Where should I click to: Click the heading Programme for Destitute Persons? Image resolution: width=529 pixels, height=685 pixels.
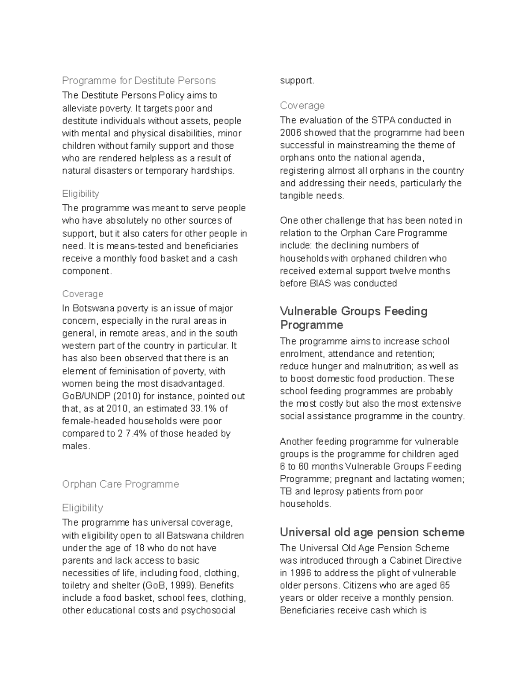click(x=138, y=81)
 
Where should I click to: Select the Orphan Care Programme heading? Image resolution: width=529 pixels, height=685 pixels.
click(x=120, y=484)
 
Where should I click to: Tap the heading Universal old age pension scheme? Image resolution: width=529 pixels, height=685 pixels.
click(x=372, y=532)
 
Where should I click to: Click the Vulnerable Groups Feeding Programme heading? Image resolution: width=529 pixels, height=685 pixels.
click(x=354, y=318)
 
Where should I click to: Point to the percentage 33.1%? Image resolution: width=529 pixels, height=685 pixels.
click(x=204, y=408)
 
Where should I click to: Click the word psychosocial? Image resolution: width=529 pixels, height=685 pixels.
click(x=208, y=610)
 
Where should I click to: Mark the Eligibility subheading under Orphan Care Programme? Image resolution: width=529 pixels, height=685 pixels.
click(x=82, y=508)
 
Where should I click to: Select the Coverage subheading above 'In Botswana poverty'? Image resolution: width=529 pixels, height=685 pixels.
click(x=82, y=294)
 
